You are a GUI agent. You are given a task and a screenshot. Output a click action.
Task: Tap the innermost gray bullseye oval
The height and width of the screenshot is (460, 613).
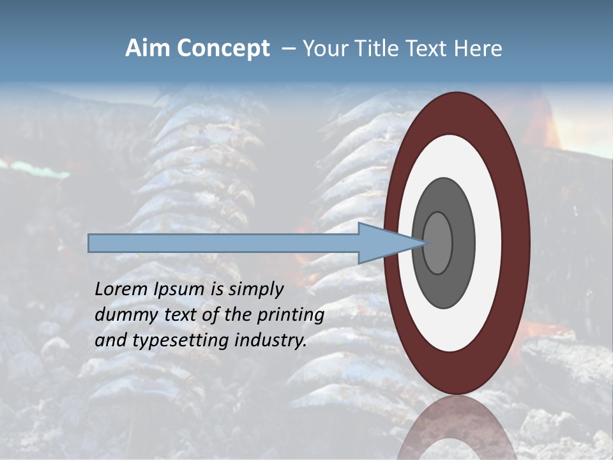(438, 243)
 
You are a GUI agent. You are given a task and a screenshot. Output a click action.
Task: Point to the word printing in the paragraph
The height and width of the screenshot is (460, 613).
(291, 316)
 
